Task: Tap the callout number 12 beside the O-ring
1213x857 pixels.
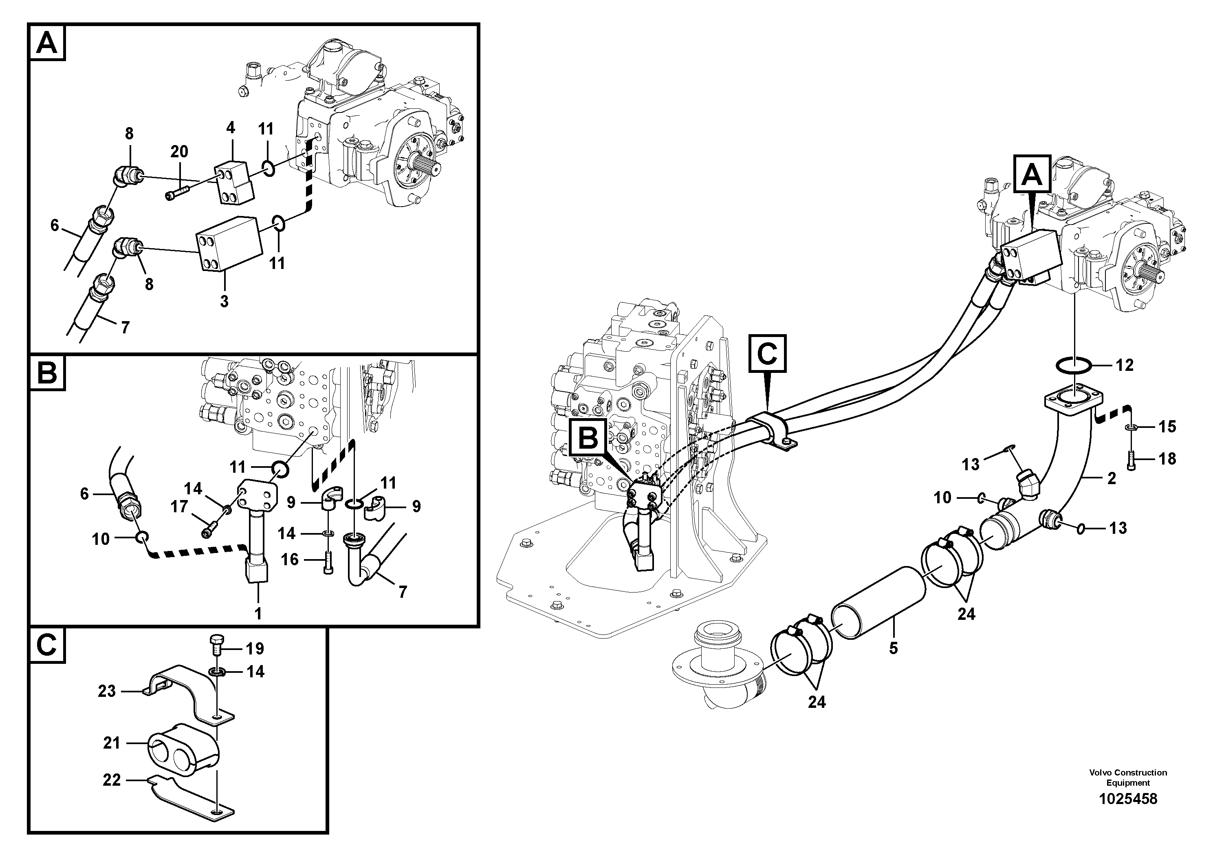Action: [1125, 365]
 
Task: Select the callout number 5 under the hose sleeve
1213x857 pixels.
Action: [894, 648]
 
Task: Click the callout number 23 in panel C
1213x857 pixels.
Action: [107, 691]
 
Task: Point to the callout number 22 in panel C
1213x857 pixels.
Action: [112, 780]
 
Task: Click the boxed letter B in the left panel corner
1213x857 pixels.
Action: [48, 374]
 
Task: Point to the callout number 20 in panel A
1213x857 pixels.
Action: [179, 152]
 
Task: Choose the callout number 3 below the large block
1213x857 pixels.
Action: [224, 301]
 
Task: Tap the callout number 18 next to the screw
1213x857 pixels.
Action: [1167, 458]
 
